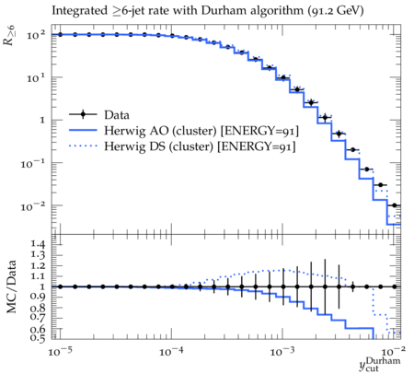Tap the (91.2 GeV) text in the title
(x=336, y=11)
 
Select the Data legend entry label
(x=117, y=115)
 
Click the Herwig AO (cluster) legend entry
(x=201, y=131)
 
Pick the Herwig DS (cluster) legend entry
(x=200, y=146)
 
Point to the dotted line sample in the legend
(x=83, y=146)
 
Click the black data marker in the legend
(x=83, y=114)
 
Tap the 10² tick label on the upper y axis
(x=36, y=35)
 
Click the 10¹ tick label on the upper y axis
(x=36, y=78)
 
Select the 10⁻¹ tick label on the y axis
(x=33, y=164)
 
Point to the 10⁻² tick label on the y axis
(x=33, y=206)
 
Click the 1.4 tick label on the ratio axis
(x=38, y=244)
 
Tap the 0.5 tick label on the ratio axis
(x=38, y=338)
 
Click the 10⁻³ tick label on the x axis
(x=282, y=351)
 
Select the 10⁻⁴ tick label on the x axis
(x=171, y=351)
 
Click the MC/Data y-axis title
(x=11, y=286)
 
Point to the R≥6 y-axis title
(x=10, y=35)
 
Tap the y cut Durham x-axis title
(x=380, y=364)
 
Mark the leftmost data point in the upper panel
(x=60, y=35)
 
